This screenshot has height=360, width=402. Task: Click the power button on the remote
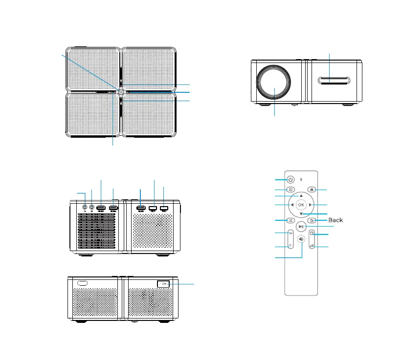[290, 179]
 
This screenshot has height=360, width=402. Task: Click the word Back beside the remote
[335, 220]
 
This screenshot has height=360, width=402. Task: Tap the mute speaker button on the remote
[301, 239]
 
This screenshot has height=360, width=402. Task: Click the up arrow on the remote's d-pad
[301, 195]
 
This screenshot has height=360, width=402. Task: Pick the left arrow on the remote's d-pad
[291, 205]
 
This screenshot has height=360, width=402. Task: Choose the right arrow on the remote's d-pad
[311, 205]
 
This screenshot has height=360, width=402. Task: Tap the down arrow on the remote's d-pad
[301, 214]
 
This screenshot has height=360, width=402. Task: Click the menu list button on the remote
[290, 221]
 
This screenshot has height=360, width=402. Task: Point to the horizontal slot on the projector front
[330, 81]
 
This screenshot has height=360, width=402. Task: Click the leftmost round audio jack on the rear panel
[85, 207]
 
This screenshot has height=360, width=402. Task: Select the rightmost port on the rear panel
[163, 209]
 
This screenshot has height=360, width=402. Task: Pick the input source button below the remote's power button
[290, 189]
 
